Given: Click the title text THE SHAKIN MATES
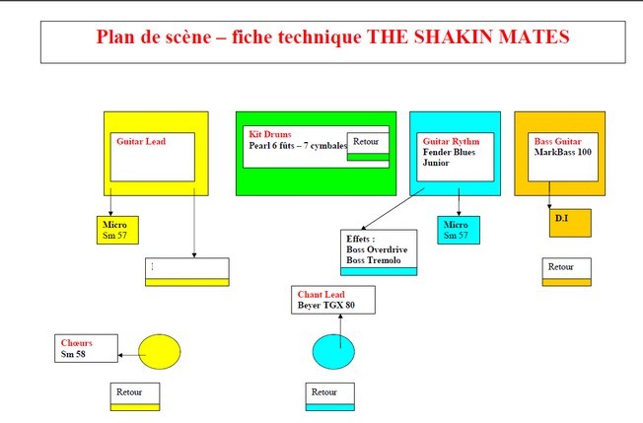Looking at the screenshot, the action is pyautogui.click(x=467, y=36).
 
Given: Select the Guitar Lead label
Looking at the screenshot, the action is pyautogui.click(x=141, y=141).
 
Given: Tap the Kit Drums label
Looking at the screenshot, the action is pyautogui.click(x=270, y=134).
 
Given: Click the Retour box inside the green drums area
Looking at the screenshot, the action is pyautogui.click(x=368, y=146).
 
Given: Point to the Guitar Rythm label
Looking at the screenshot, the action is pyautogui.click(x=451, y=141).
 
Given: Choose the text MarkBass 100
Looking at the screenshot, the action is pyautogui.click(x=562, y=152).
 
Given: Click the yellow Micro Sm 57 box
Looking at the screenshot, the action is pyautogui.click(x=117, y=230).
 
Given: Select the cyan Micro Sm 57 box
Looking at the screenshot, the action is pyautogui.click(x=459, y=230).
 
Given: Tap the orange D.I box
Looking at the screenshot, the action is pyautogui.click(x=570, y=223).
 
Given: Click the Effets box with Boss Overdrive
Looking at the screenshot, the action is pyautogui.click(x=379, y=252).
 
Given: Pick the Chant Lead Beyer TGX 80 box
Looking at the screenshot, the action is pyautogui.click(x=333, y=300).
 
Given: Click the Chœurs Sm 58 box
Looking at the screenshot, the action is pyautogui.click(x=86, y=348).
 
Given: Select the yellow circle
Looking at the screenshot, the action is pyautogui.click(x=159, y=352).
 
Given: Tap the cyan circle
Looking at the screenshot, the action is pyautogui.click(x=333, y=352).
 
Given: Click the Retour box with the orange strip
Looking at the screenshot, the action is pyautogui.click(x=567, y=272).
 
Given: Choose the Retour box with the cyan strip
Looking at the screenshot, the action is pyautogui.click(x=329, y=396).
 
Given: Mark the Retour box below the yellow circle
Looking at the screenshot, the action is pyautogui.click(x=135, y=396).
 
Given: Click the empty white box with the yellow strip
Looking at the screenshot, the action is pyautogui.click(x=187, y=272).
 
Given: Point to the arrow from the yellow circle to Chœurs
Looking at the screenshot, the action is pyautogui.click(x=131, y=355).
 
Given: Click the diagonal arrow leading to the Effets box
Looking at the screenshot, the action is pyautogui.click(x=393, y=209).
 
